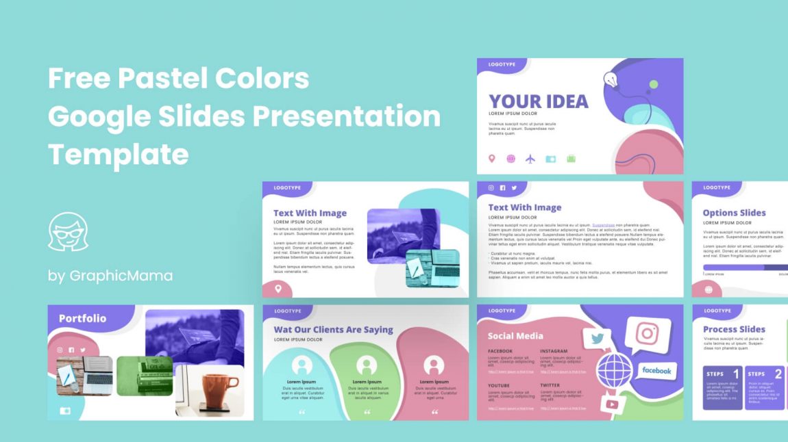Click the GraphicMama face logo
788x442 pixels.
pyautogui.click(x=68, y=232)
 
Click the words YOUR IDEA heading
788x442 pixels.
pyautogui.click(x=538, y=101)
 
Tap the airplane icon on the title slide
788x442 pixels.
pyautogui.click(x=530, y=159)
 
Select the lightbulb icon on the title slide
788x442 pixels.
pyautogui.click(x=611, y=80)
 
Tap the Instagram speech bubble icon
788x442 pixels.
pyautogui.click(x=645, y=334)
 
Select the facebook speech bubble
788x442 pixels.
pyautogui.click(x=656, y=371)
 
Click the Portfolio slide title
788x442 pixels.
pyautogui.click(x=82, y=318)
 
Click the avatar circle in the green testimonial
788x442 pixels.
pyautogui.click(x=367, y=365)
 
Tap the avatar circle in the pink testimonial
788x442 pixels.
pyautogui.click(x=433, y=365)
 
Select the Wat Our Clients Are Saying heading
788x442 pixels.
pyautogui.click(x=333, y=329)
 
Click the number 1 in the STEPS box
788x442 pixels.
pyautogui.click(x=736, y=374)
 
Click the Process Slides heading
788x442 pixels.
pyautogui.click(x=734, y=329)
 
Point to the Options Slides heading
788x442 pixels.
pyautogui.click(x=734, y=213)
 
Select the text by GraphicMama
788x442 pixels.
pyautogui.click(x=110, y=276)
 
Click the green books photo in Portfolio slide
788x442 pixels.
pyautogui.click(x=145, y=376)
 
